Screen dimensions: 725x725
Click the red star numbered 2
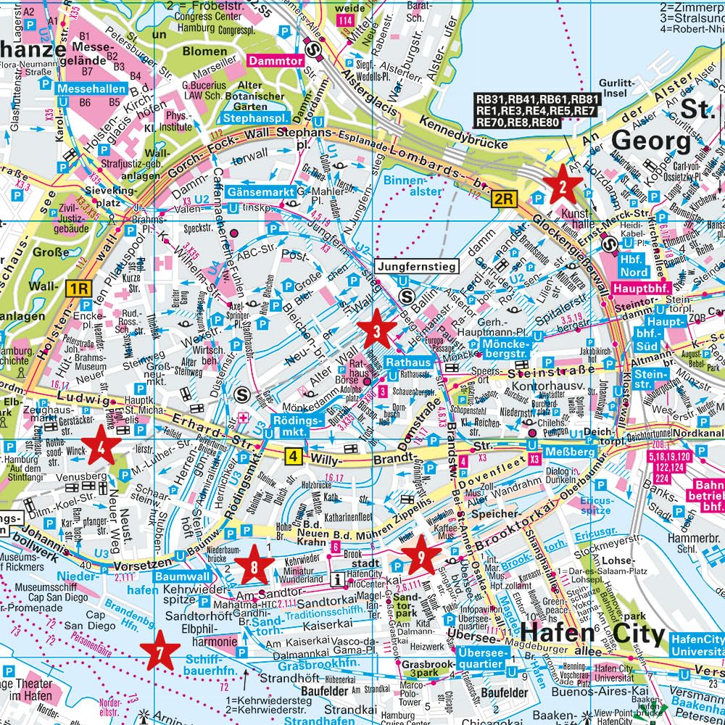(x=563, y=188)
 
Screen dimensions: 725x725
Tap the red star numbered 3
(x=378, y=331)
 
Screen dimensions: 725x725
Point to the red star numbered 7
(x=159, y=650)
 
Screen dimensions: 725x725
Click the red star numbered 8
(x=253, y=566)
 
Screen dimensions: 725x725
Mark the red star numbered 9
(x=421, y=555)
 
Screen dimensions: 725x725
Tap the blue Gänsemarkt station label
(x=260, y=193)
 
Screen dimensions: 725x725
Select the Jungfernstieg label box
(x=416, y=268)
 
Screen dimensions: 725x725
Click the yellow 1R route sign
(x=80, y=289)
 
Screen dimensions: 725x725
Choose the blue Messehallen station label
(x=92, y=88)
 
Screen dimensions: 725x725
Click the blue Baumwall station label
(x=183, y=576)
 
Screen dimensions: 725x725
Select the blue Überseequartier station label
(x=480, y=658)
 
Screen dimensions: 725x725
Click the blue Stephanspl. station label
(x=256, y=117)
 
